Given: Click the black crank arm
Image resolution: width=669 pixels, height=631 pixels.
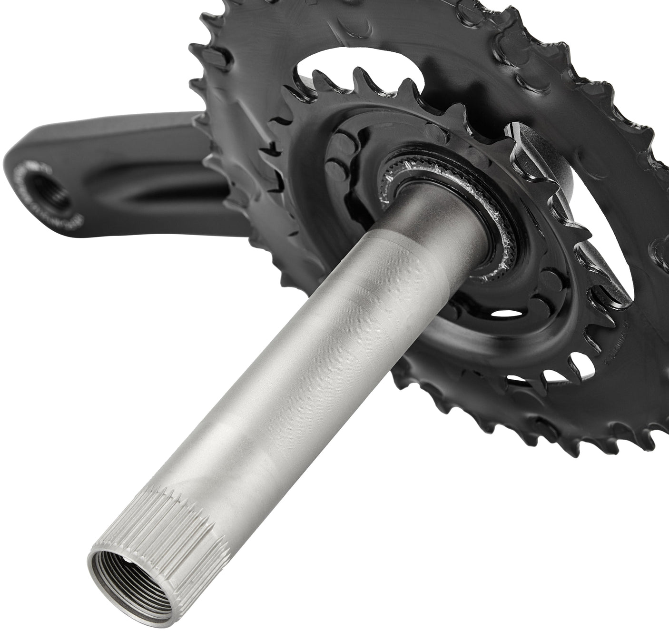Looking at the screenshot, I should coord(119,157).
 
